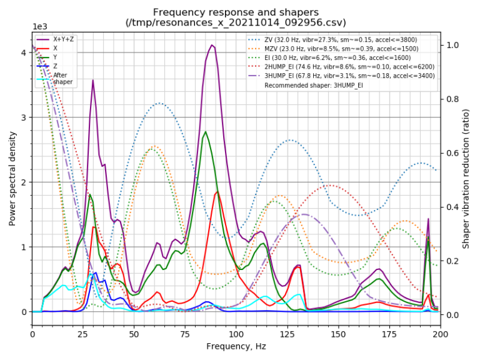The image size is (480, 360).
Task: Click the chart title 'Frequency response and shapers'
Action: [236, 12]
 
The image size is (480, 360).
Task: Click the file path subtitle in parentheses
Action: [236, 23]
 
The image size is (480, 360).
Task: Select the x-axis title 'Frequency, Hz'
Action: [236, 346]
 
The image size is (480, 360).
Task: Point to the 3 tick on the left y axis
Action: [22, 117]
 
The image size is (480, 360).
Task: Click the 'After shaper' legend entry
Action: [63, 78]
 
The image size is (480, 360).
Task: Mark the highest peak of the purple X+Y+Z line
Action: [212, 45]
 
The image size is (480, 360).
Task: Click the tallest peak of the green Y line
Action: [206, 131]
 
